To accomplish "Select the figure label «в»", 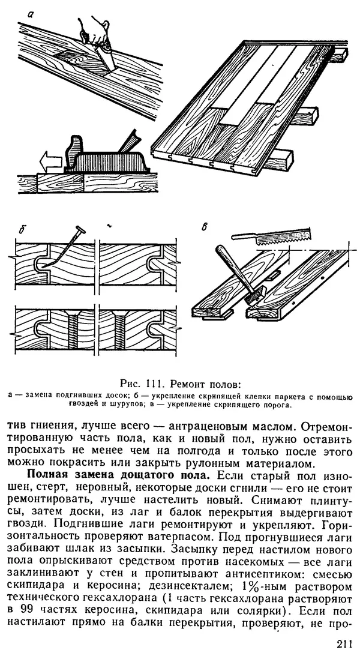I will (205, 226).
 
